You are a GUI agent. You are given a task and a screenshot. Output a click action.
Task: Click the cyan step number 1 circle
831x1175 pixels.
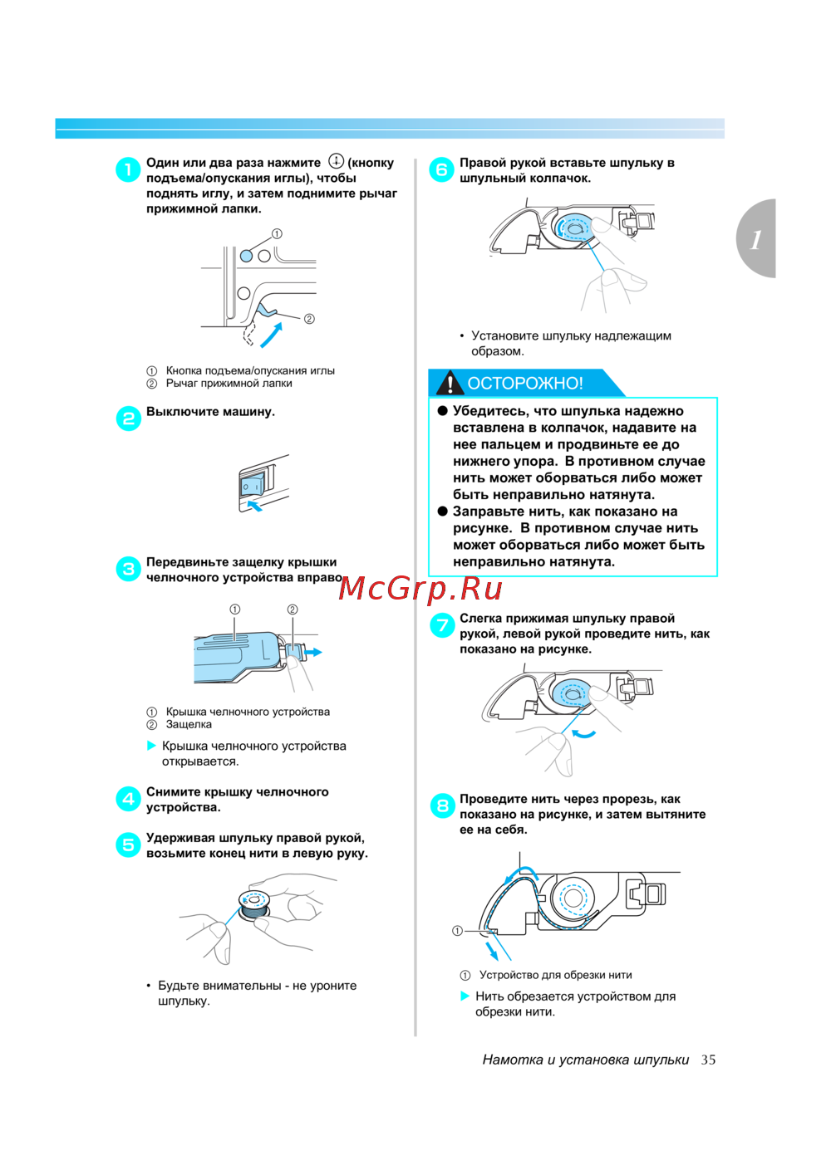[128, 169]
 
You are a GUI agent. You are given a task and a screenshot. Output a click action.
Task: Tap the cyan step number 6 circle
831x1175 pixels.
[441, 169]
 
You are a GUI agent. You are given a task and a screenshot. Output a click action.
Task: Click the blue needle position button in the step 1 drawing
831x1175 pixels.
[246, 256]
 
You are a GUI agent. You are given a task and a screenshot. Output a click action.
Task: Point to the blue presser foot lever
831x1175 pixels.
[266, 308]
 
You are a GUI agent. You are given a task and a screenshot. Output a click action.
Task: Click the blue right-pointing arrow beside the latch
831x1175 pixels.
[313, 652]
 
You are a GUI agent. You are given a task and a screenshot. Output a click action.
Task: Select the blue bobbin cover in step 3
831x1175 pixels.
[234, 657]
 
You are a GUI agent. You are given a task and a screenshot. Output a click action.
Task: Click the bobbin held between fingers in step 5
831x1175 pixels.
[254, 905]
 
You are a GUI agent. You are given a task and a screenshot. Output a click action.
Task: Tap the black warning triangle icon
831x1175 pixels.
[449, 383]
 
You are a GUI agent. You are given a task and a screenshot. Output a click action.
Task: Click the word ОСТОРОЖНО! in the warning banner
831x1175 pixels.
[525, 384]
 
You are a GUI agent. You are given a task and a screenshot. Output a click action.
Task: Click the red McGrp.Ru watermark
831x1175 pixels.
[420, 589]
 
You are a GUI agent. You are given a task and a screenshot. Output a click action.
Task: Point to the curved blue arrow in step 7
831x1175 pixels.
[583, 733]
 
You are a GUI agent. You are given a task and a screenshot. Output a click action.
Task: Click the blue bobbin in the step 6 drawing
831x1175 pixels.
[573, 228]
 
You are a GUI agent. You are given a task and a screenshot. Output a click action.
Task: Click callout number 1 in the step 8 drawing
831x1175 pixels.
[457, 931]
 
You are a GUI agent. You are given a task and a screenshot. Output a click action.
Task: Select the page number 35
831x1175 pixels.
[708, 1060]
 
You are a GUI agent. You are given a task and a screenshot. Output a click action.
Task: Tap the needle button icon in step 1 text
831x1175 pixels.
[336, 160]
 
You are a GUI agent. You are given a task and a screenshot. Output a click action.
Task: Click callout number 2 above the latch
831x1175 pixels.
[293, 609]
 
